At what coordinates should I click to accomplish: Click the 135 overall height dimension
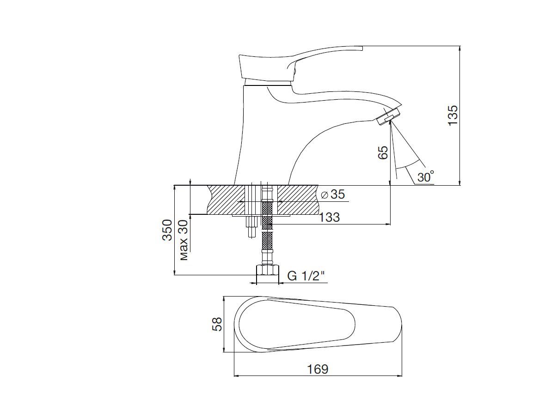[453, 115]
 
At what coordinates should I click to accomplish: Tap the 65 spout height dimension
[383, 152]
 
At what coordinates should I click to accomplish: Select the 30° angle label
[426, 176]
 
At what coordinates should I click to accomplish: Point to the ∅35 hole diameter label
[333, 194]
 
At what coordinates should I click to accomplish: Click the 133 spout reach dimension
[329, 217]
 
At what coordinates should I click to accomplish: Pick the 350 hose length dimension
[167, 230]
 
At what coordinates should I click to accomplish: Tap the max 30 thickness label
[184, 240]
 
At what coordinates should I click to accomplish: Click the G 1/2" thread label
[306, 276]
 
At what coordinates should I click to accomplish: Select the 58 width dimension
[217, 324]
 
